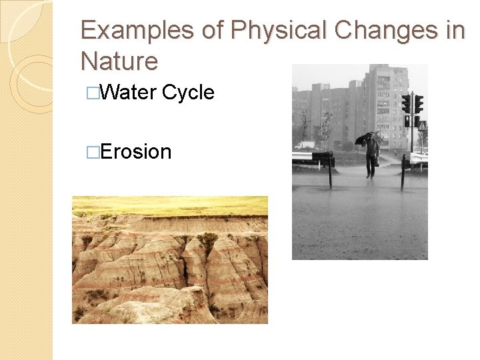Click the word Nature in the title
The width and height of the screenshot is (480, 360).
[119, 61]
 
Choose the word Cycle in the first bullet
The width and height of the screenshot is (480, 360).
[188, 93]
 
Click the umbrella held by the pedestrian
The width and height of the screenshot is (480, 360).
[363, 138]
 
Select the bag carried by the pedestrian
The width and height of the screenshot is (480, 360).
[377, 160]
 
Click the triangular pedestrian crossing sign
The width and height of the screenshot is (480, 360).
[421, 125]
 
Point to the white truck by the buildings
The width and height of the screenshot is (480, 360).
[305, 144]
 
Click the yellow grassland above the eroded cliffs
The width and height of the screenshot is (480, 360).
[170, 205]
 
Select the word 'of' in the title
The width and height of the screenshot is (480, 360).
[217, 31]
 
